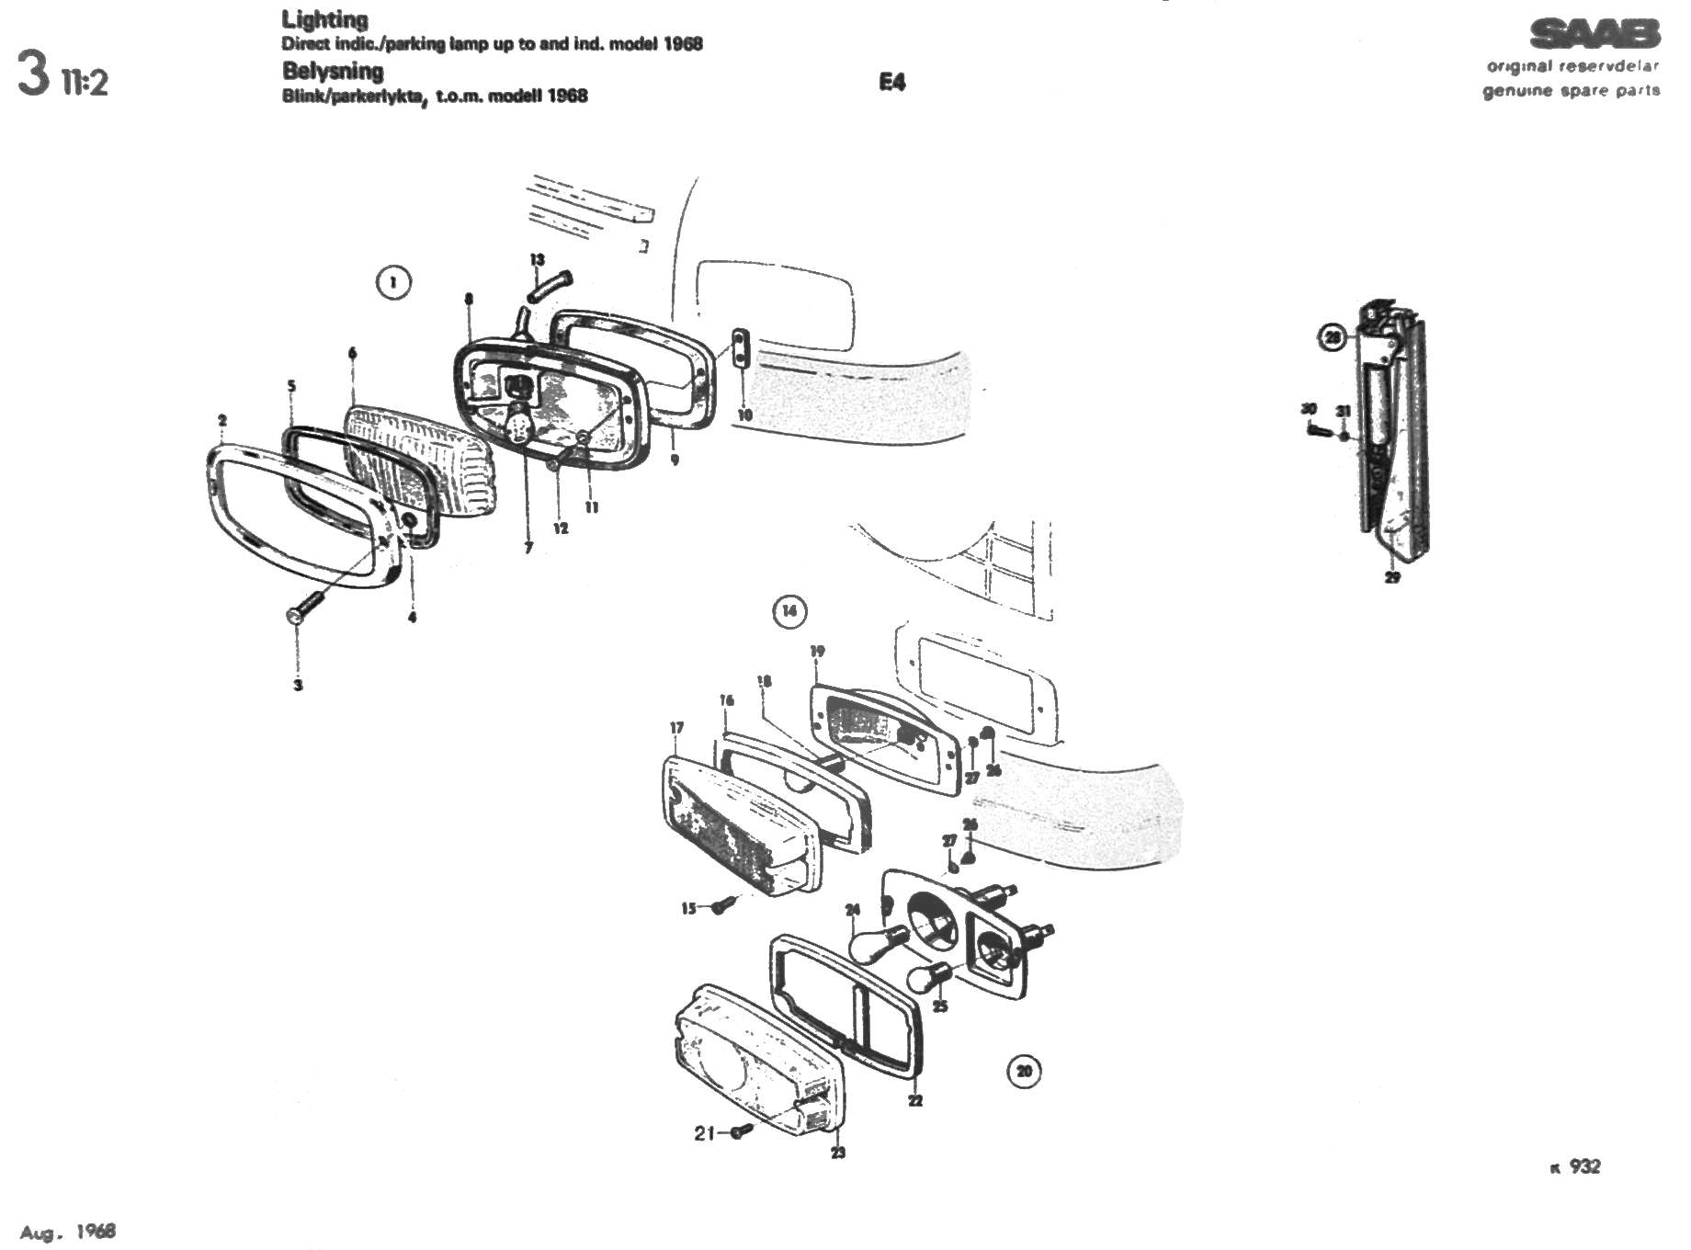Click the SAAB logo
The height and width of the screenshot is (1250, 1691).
1595,35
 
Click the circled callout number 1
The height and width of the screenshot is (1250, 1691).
393,281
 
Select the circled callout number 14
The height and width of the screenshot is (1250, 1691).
789,610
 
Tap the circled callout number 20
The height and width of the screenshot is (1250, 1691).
1024,1071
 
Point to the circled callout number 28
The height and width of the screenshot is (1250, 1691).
1333,338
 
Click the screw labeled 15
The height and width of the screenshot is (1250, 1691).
724,906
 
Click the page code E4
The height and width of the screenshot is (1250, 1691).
891,83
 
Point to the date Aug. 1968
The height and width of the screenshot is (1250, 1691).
68,1232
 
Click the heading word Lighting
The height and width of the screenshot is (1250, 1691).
324,19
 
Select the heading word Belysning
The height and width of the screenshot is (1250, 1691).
333,71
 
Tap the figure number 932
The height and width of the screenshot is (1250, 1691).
1584,1166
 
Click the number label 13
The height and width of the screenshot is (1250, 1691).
537,260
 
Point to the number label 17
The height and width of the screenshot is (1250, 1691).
677,728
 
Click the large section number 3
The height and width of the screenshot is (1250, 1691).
33,74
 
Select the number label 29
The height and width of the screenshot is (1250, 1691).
1392,577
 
